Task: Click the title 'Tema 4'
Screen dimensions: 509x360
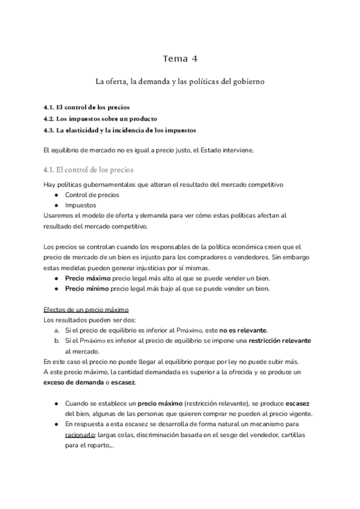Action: [180, 58]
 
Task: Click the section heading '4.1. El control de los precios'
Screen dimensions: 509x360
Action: [89, 169]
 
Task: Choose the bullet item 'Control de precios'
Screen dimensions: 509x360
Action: [92, 194]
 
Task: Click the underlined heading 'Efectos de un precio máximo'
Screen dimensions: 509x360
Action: [86, 310]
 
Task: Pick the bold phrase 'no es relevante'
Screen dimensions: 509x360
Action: [243, 330]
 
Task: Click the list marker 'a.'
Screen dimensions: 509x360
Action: [56, 330]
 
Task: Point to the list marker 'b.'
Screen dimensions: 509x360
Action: [56, 340]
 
